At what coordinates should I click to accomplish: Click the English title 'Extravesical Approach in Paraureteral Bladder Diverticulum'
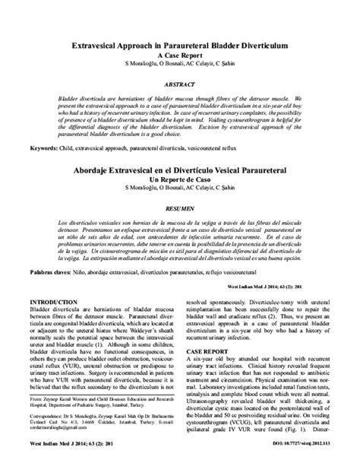(181, 46)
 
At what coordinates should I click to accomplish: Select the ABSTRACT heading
(181, 86)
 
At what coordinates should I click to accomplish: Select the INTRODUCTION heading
(54, 303)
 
